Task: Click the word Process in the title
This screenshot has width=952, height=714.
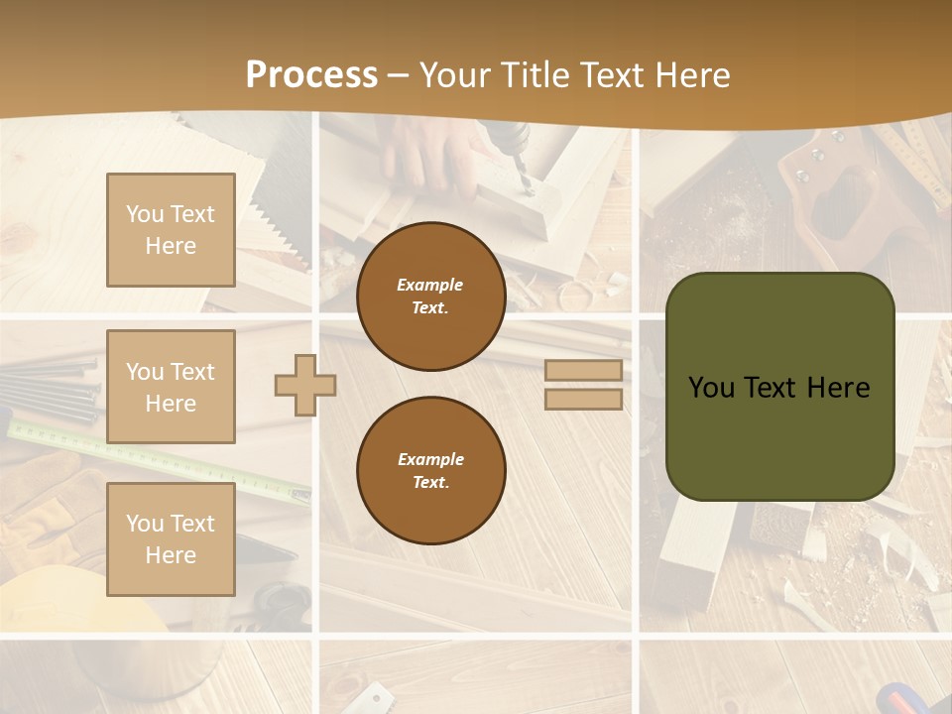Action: point(311,75)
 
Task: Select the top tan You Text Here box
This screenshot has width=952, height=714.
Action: point(171,230)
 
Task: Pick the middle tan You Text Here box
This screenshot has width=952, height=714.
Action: point(171,387)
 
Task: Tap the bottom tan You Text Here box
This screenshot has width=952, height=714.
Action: point(171,539)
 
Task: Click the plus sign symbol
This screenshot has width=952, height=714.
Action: point(305,385)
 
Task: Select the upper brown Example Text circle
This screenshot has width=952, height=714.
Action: point(430,296)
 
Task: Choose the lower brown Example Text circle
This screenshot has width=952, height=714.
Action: point(430,470)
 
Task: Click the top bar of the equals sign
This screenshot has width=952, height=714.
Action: point(583,371)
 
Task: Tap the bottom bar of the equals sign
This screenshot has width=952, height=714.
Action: point(583,399)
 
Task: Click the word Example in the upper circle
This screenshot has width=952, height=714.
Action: point(430,285)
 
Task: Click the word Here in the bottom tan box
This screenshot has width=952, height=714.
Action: point(171,555)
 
